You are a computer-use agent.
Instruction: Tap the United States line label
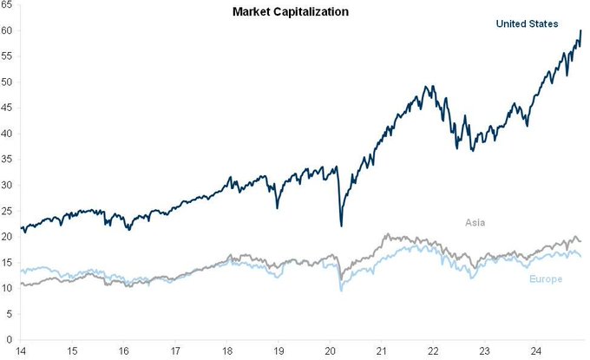click(x=527, y=23)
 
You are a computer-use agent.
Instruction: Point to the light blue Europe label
click(x=545, y=278)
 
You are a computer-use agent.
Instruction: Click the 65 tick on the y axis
click(x=6, y=5)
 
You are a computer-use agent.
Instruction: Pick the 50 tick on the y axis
click(x=6, y=82)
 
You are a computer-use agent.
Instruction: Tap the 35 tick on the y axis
click(x=6, y=160)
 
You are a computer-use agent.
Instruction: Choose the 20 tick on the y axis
click(x=6, y=236)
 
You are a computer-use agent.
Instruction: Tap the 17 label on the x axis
click(x=175, y=351)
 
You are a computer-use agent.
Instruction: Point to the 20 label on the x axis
click(x=330, y=351)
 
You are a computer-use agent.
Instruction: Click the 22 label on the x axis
click(x=432, y=351)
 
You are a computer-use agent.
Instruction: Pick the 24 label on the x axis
click(x=535, y=351)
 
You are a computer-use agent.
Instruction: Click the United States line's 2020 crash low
click(x=341, y=226)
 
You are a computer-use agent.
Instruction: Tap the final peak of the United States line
click(x=580, y=30)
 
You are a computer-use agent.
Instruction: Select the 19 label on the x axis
click(x=279, y=351)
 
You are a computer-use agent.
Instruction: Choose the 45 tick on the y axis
click(x=6, y=108)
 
